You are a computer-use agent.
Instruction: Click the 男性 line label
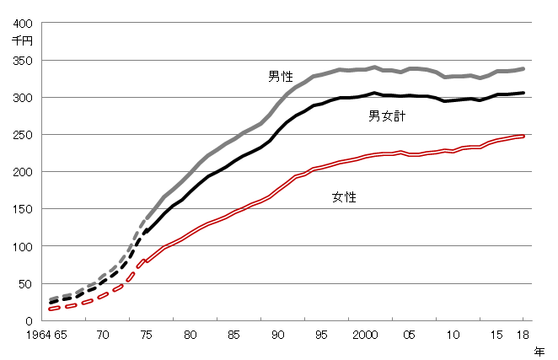(x=282, y=77)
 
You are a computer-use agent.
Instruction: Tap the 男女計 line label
(x=388, y=116)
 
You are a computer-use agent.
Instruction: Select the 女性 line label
(x=345, y=197)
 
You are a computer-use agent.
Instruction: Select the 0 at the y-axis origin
(x=31, y=320)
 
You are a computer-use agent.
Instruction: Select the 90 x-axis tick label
(x=277, y=334)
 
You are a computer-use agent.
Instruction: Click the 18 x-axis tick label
(x=522, y=334)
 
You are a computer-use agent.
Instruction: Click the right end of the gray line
(x=523, y=69)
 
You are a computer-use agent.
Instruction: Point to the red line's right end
(x=523, y=135)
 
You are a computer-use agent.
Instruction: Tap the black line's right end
(x=523, y=93)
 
